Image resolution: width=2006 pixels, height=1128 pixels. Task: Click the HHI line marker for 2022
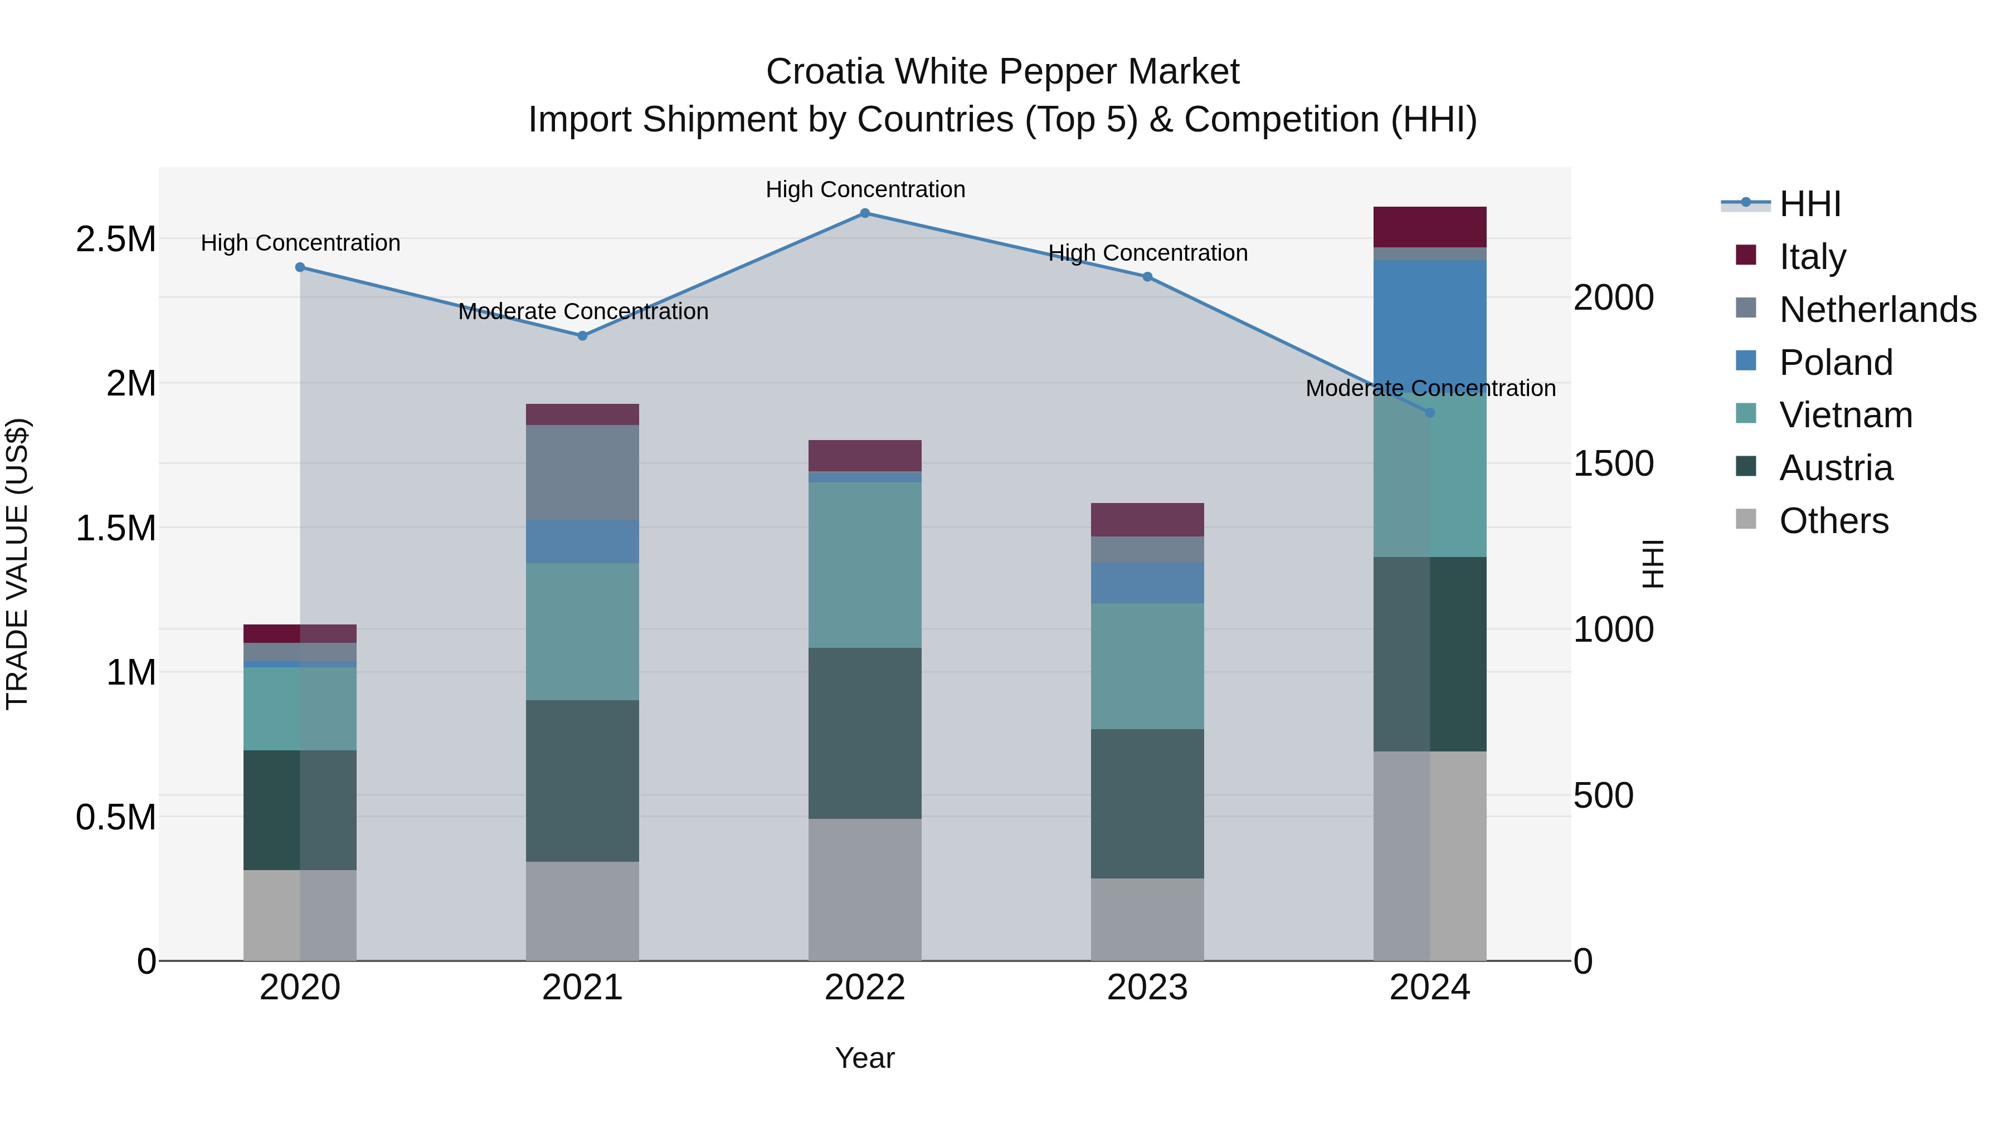click(x=864, y=213)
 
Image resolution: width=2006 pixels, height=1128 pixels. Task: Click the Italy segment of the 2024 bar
click(x=1430, y=227)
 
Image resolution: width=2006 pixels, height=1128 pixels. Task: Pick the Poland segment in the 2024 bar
click(x=1430, y=319)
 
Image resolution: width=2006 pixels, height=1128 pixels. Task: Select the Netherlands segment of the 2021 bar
click(x=582, y=472)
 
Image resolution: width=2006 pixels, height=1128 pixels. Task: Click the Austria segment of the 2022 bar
click(x=864, y=733)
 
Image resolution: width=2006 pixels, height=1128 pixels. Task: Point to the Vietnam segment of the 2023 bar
click(x=1147, y=666)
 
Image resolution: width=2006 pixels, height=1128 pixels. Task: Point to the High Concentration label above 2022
click(x=865, y=190)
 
